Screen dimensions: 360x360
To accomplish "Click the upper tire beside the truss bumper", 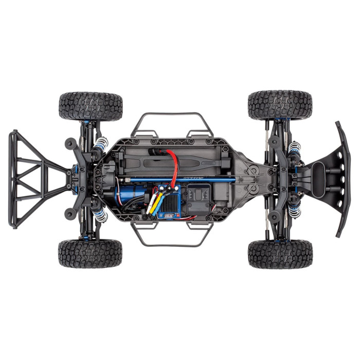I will (x=91, y=106).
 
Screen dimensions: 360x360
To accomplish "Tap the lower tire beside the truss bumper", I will (x=91, y=254).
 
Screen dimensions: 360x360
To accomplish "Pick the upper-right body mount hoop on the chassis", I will (x=204, y=124).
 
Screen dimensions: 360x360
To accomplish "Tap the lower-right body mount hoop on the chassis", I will (x=204, y=235).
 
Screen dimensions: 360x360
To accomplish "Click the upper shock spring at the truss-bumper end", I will (x=99, y=152).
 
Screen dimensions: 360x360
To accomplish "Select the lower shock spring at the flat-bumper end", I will (x=295, y=209).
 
